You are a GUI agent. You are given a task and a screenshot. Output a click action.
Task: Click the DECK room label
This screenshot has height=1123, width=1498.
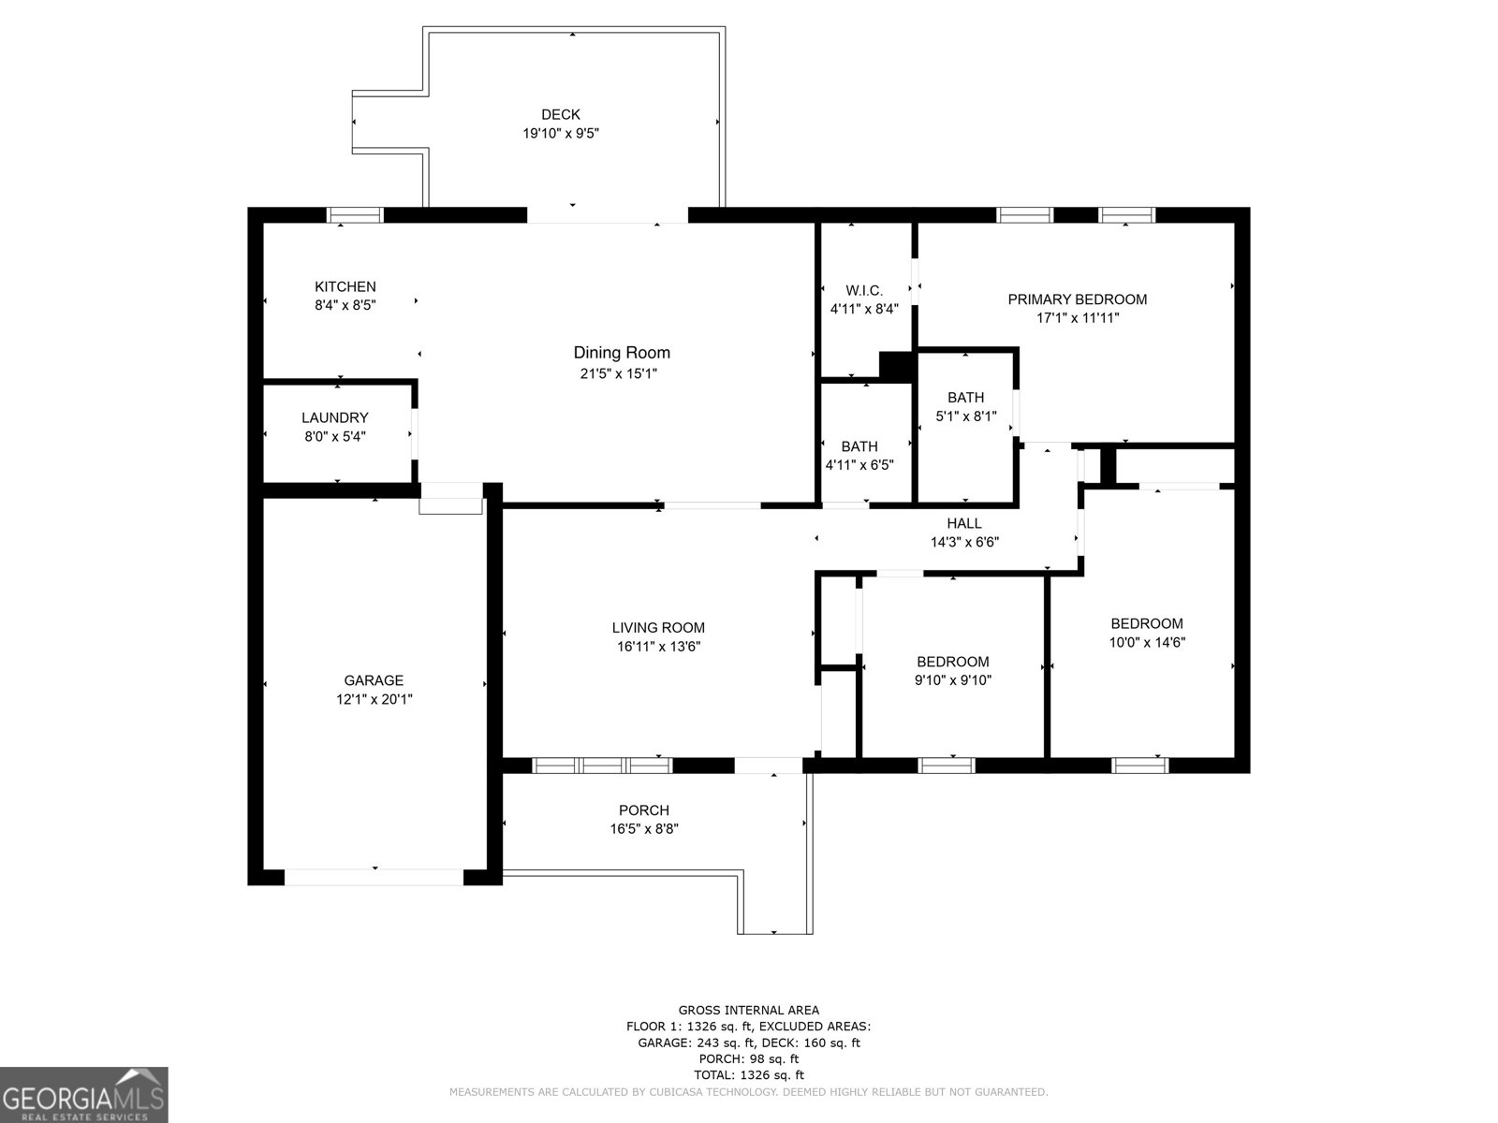pyautogui.click(x=560, y=115)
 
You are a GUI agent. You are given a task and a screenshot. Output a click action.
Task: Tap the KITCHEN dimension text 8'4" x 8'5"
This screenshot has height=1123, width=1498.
pyautogui.click(x=345, y=305)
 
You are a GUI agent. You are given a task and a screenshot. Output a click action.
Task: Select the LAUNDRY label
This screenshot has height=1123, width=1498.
pyautogui.click(x=334, y=417)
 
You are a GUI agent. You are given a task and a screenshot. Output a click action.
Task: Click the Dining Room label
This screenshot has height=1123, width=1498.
pyautogui.click(x=622, y=353)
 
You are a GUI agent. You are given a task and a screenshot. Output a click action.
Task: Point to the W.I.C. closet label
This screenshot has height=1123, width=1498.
pyautogui.click(x=863, y=291)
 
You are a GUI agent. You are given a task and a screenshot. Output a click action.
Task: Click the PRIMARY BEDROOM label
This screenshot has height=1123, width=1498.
pyautogui.click(x=1077, y=299)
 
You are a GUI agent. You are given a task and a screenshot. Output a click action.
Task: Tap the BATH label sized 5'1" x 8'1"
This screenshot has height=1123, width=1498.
pyautogui.click(x=965, y=398)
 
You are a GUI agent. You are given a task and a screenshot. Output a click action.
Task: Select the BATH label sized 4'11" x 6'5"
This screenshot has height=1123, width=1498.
pyautogui.click(x=859, y=446)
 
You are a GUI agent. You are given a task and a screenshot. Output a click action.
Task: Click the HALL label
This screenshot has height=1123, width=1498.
pyautogui.click(x=963, y=523)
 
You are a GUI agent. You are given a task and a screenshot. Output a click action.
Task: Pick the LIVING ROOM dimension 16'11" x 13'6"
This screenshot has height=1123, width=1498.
pyautogui.click(x=658, y=647)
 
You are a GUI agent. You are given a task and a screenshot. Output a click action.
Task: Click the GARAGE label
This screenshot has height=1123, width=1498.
pyautogui.click(x=374, y=680)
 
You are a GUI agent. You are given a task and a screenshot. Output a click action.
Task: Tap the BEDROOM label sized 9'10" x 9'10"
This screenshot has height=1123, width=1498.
pyautogui.click(x=952, y=662)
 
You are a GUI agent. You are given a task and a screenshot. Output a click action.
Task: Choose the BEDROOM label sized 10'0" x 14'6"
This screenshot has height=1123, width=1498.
pyautogui.click(x=1146, y=623)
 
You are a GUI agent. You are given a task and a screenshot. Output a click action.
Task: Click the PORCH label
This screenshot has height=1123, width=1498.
pyautogui.click(x=643, y=810)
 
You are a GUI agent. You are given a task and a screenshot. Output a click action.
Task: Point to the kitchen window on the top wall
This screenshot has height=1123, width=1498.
pyautogui.click(x=355, y=215)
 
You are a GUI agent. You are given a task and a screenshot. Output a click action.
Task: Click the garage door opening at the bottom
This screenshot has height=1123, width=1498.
pyautogui.click(x=374, y=877)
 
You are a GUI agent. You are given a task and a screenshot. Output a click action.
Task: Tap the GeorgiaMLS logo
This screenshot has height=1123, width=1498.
pyautogui.click(x=83, y=1094)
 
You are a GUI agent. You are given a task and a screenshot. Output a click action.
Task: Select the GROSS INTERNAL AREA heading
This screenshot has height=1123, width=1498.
pyautogui.click(x=748, y=1010)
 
